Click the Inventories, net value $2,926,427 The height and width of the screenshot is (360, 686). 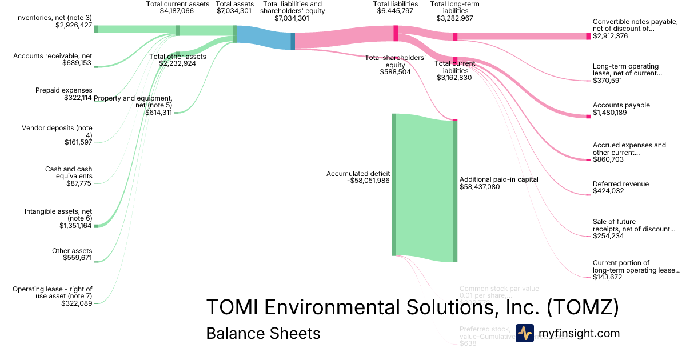click(x=74, y=26)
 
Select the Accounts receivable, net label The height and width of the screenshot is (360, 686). click(x=53, y=55)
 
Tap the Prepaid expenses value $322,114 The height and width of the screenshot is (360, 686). click(x=78, y=98)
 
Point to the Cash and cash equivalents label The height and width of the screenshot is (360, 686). click(x=69, y=173)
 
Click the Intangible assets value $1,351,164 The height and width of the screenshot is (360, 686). click(x=75, y=226)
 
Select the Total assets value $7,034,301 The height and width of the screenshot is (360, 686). click(x=235, y=11)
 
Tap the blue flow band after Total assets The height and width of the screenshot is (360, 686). click(x=263, y=39)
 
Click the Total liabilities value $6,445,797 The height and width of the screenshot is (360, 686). click(x=395, y=11)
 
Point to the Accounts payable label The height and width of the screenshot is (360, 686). click(x=621, y=105)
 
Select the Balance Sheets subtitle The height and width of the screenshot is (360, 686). click(x=263, y=333)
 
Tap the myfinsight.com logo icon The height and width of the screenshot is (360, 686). click(x=524, y=333)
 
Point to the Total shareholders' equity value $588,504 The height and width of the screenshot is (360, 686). click(x=395, y=73)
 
